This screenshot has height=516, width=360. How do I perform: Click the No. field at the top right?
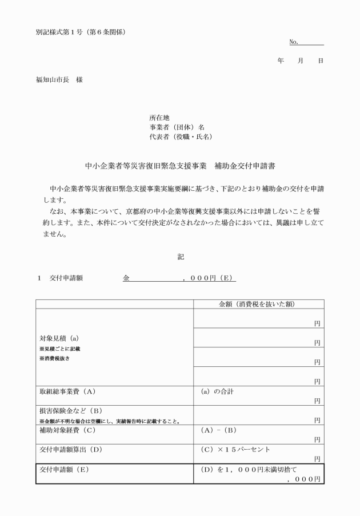306,42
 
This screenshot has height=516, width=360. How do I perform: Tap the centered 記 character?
181,257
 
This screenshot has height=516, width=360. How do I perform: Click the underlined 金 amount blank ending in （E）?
179,278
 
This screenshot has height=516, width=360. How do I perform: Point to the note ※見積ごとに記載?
59,348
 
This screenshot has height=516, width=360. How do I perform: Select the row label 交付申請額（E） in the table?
66,469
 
